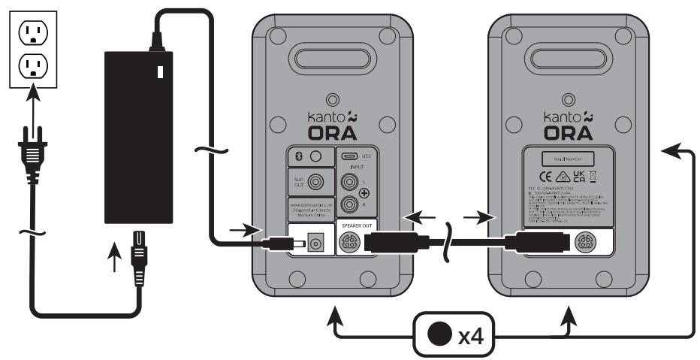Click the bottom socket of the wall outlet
31,68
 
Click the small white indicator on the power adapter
159,72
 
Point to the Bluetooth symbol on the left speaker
296,156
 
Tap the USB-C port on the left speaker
348,156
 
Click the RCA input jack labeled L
349,181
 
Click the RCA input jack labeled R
349,204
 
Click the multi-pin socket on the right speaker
586,244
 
